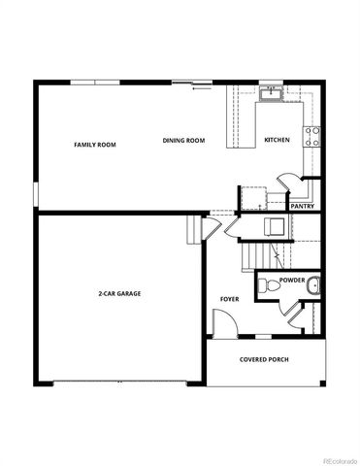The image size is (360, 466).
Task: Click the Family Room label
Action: click(x=95, y=144)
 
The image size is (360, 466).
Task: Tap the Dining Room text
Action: click(x=183, y=141)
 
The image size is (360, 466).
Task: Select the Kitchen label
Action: click(x=277, y=141)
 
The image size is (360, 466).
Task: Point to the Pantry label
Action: click(x=302, y=206)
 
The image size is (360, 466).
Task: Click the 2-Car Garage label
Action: click(x=118, y=292)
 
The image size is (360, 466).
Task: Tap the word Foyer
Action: click(x=229, y=299)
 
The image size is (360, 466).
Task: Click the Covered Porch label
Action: click(x=264, y=360)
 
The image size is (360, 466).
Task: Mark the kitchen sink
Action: click(x=272, y=94)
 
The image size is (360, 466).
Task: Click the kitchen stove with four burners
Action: click(x=312, y=137)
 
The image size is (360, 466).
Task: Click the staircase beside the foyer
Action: click(x=254, y=256)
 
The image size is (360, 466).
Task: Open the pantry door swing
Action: click(x=288, y=182)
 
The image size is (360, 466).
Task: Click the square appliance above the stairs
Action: click(x=274, y=227)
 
